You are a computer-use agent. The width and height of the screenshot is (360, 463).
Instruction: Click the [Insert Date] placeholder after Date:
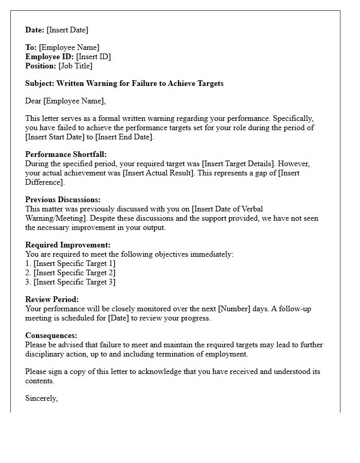[67, 30]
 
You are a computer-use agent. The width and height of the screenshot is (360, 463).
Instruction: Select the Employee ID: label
[49, 57]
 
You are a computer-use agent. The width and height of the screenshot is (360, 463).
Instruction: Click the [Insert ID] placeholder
[93, 57]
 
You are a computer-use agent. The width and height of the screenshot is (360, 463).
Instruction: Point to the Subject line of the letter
[124, 83]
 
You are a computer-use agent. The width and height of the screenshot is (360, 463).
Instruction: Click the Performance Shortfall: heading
[66, 154]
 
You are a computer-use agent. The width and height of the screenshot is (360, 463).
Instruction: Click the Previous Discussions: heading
[63, 200]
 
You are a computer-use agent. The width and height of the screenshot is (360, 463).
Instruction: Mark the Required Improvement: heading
[68, 245]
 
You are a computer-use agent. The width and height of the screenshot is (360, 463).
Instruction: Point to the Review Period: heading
[52, 299]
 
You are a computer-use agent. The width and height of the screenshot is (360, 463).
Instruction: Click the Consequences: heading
[51, 335]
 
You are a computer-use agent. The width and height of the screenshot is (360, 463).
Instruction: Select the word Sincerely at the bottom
[41, 398]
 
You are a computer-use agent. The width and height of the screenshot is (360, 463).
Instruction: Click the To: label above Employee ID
[31, 47]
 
